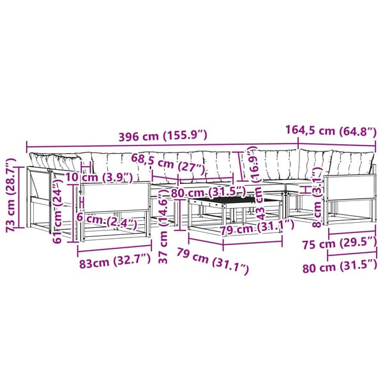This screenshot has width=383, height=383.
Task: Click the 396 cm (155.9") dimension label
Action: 163,135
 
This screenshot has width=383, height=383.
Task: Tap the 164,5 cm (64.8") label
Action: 331,130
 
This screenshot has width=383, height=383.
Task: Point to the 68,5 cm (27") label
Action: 168,164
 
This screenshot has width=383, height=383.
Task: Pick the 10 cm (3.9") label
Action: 99,177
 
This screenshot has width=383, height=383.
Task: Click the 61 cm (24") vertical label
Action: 57,210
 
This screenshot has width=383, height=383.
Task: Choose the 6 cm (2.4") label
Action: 107,220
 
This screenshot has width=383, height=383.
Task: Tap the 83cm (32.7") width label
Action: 115,260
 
